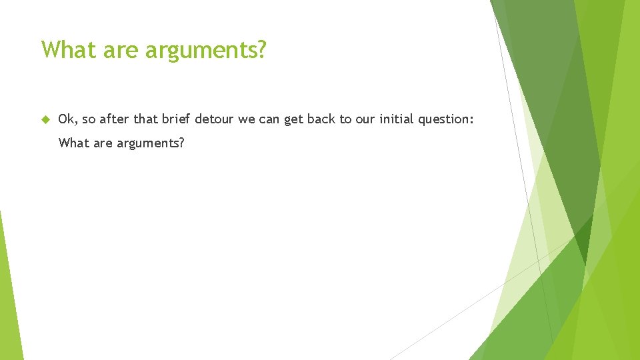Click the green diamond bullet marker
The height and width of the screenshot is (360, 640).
tap(45, 119)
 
